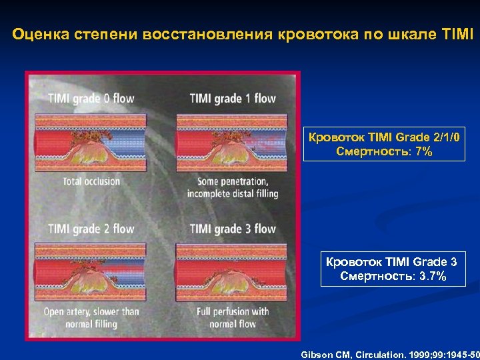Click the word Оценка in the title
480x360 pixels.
pos(37,33)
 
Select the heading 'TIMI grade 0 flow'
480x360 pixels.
pos(91,99)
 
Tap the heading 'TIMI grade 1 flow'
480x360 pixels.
pos(233,99)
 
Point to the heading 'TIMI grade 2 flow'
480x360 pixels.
pos(91,229)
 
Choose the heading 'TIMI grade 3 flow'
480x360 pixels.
pos(233,229)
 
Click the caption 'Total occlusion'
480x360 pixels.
pos(92,181)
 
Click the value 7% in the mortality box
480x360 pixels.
pos(423,152)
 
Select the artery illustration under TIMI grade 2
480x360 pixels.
pos(91,273)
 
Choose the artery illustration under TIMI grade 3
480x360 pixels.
pos(231,273)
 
